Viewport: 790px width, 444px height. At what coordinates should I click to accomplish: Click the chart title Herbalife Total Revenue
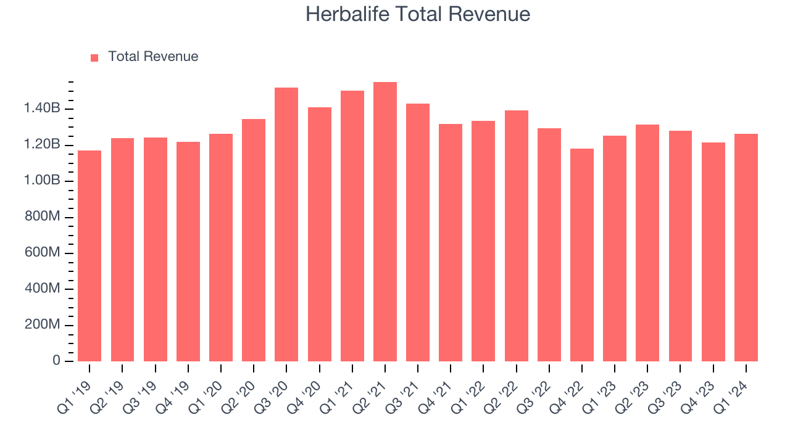418,14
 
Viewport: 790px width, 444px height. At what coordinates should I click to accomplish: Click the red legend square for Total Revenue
94,57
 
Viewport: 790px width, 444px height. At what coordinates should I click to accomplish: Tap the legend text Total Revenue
153,57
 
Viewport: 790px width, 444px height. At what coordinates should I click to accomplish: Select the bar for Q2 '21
385,222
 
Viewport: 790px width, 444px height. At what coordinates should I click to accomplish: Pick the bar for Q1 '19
89,256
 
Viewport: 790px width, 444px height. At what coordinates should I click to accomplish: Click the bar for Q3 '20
286,224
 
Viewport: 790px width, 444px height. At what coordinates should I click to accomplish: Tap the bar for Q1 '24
746,247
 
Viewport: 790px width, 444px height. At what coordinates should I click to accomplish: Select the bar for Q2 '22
517,236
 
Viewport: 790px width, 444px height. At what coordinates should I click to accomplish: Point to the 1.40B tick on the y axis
42,109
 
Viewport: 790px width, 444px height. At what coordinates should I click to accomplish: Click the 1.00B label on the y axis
42,181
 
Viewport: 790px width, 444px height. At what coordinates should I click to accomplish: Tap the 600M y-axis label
41,253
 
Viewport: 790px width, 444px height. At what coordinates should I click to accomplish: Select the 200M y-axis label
41,326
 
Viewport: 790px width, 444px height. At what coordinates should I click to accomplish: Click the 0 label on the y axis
57,361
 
